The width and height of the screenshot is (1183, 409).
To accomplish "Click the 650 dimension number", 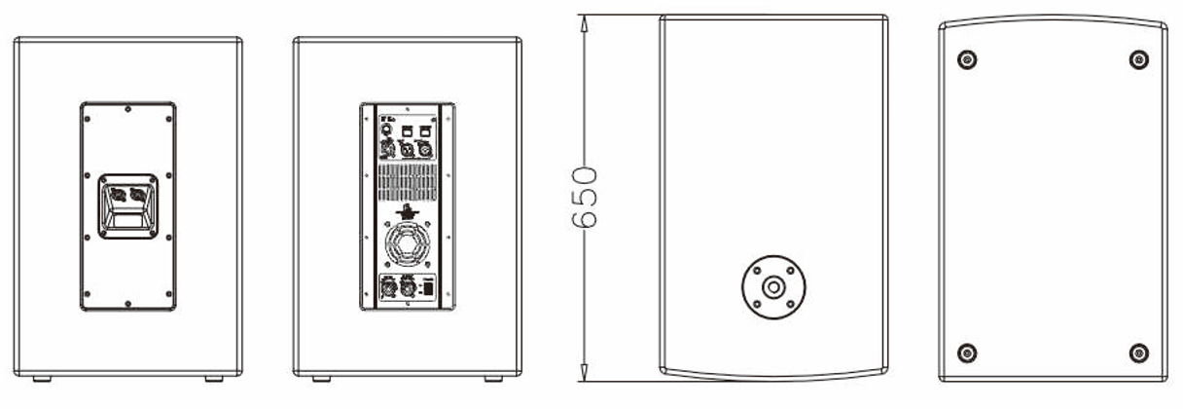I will pyautogui.click(x=583, y=198).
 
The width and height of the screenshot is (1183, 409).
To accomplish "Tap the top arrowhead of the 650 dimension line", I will pyautogui.click(x=584, y=19).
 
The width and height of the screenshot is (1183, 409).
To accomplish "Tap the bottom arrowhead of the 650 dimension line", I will pyautogui.click(x=584, y=376).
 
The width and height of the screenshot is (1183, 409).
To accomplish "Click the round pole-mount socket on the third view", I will pyautogui.click(x=772, y=286).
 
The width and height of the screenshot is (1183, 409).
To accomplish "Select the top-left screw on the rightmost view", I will pyautogui.click(x=966, y=59).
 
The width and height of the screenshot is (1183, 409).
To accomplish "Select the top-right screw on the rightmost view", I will pyautogui.click(x=1138, y=59).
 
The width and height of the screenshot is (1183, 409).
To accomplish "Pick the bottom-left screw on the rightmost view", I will pyautogui.click(x=966, y=352).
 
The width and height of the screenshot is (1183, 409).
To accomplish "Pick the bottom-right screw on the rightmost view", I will pyautogui.click(x=1138, y=352).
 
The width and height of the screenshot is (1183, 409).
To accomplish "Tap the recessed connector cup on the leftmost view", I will pyautogui.click(x=127, y=205).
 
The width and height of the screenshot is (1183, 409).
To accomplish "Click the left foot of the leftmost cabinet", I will pyautogui.click(x=42, y=378).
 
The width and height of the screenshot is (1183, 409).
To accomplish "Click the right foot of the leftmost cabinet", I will pyautogui.click(x=213, y=378).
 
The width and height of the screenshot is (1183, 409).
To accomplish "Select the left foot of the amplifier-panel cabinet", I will pyautogui.click(x=321, y=378).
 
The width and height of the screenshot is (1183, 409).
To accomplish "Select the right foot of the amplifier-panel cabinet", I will pyautogui.click(x=493, y=378).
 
